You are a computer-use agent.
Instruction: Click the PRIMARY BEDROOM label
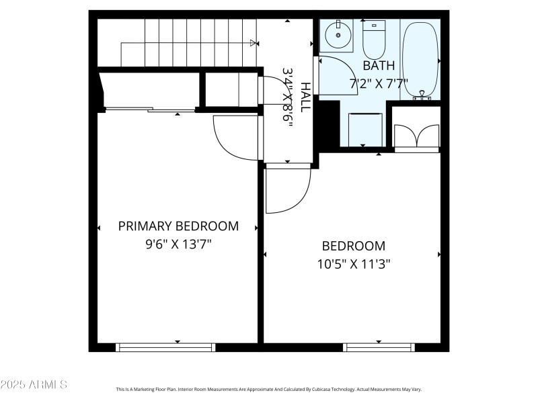click(x=178, y=226)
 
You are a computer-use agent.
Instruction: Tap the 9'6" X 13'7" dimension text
click(x=178, y=244)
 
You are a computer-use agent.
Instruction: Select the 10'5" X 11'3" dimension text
click(x=354, y=264)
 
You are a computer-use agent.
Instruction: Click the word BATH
click(x=379, y=66)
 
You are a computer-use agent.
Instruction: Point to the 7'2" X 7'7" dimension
click(x=379, y=84)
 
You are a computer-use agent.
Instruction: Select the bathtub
click(x=420, y=60)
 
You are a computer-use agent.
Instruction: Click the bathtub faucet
click(x=422, y=96)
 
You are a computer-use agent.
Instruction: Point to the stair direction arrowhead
click(x=254, y=44)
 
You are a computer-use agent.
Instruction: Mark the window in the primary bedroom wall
click(x=165, y=347)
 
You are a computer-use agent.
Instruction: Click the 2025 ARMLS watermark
click(x=34, y=385)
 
